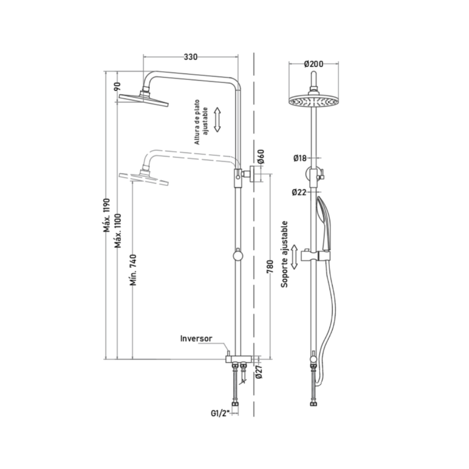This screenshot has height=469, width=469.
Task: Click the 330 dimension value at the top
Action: [191, 57]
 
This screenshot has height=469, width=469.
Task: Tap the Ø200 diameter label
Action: [314, 64]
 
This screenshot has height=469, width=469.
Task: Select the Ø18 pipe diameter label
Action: [300, 158]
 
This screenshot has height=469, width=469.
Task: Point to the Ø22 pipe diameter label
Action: [299, 192]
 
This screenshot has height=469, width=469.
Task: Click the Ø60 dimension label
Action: [261, 156]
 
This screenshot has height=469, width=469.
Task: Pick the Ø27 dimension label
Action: [259, 371]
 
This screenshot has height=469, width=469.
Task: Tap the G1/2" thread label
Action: [220, 413]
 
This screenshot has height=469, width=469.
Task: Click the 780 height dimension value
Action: [270, 267]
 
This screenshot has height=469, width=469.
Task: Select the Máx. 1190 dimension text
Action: [107, 215]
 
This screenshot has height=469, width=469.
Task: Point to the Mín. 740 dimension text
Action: [133, 270]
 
